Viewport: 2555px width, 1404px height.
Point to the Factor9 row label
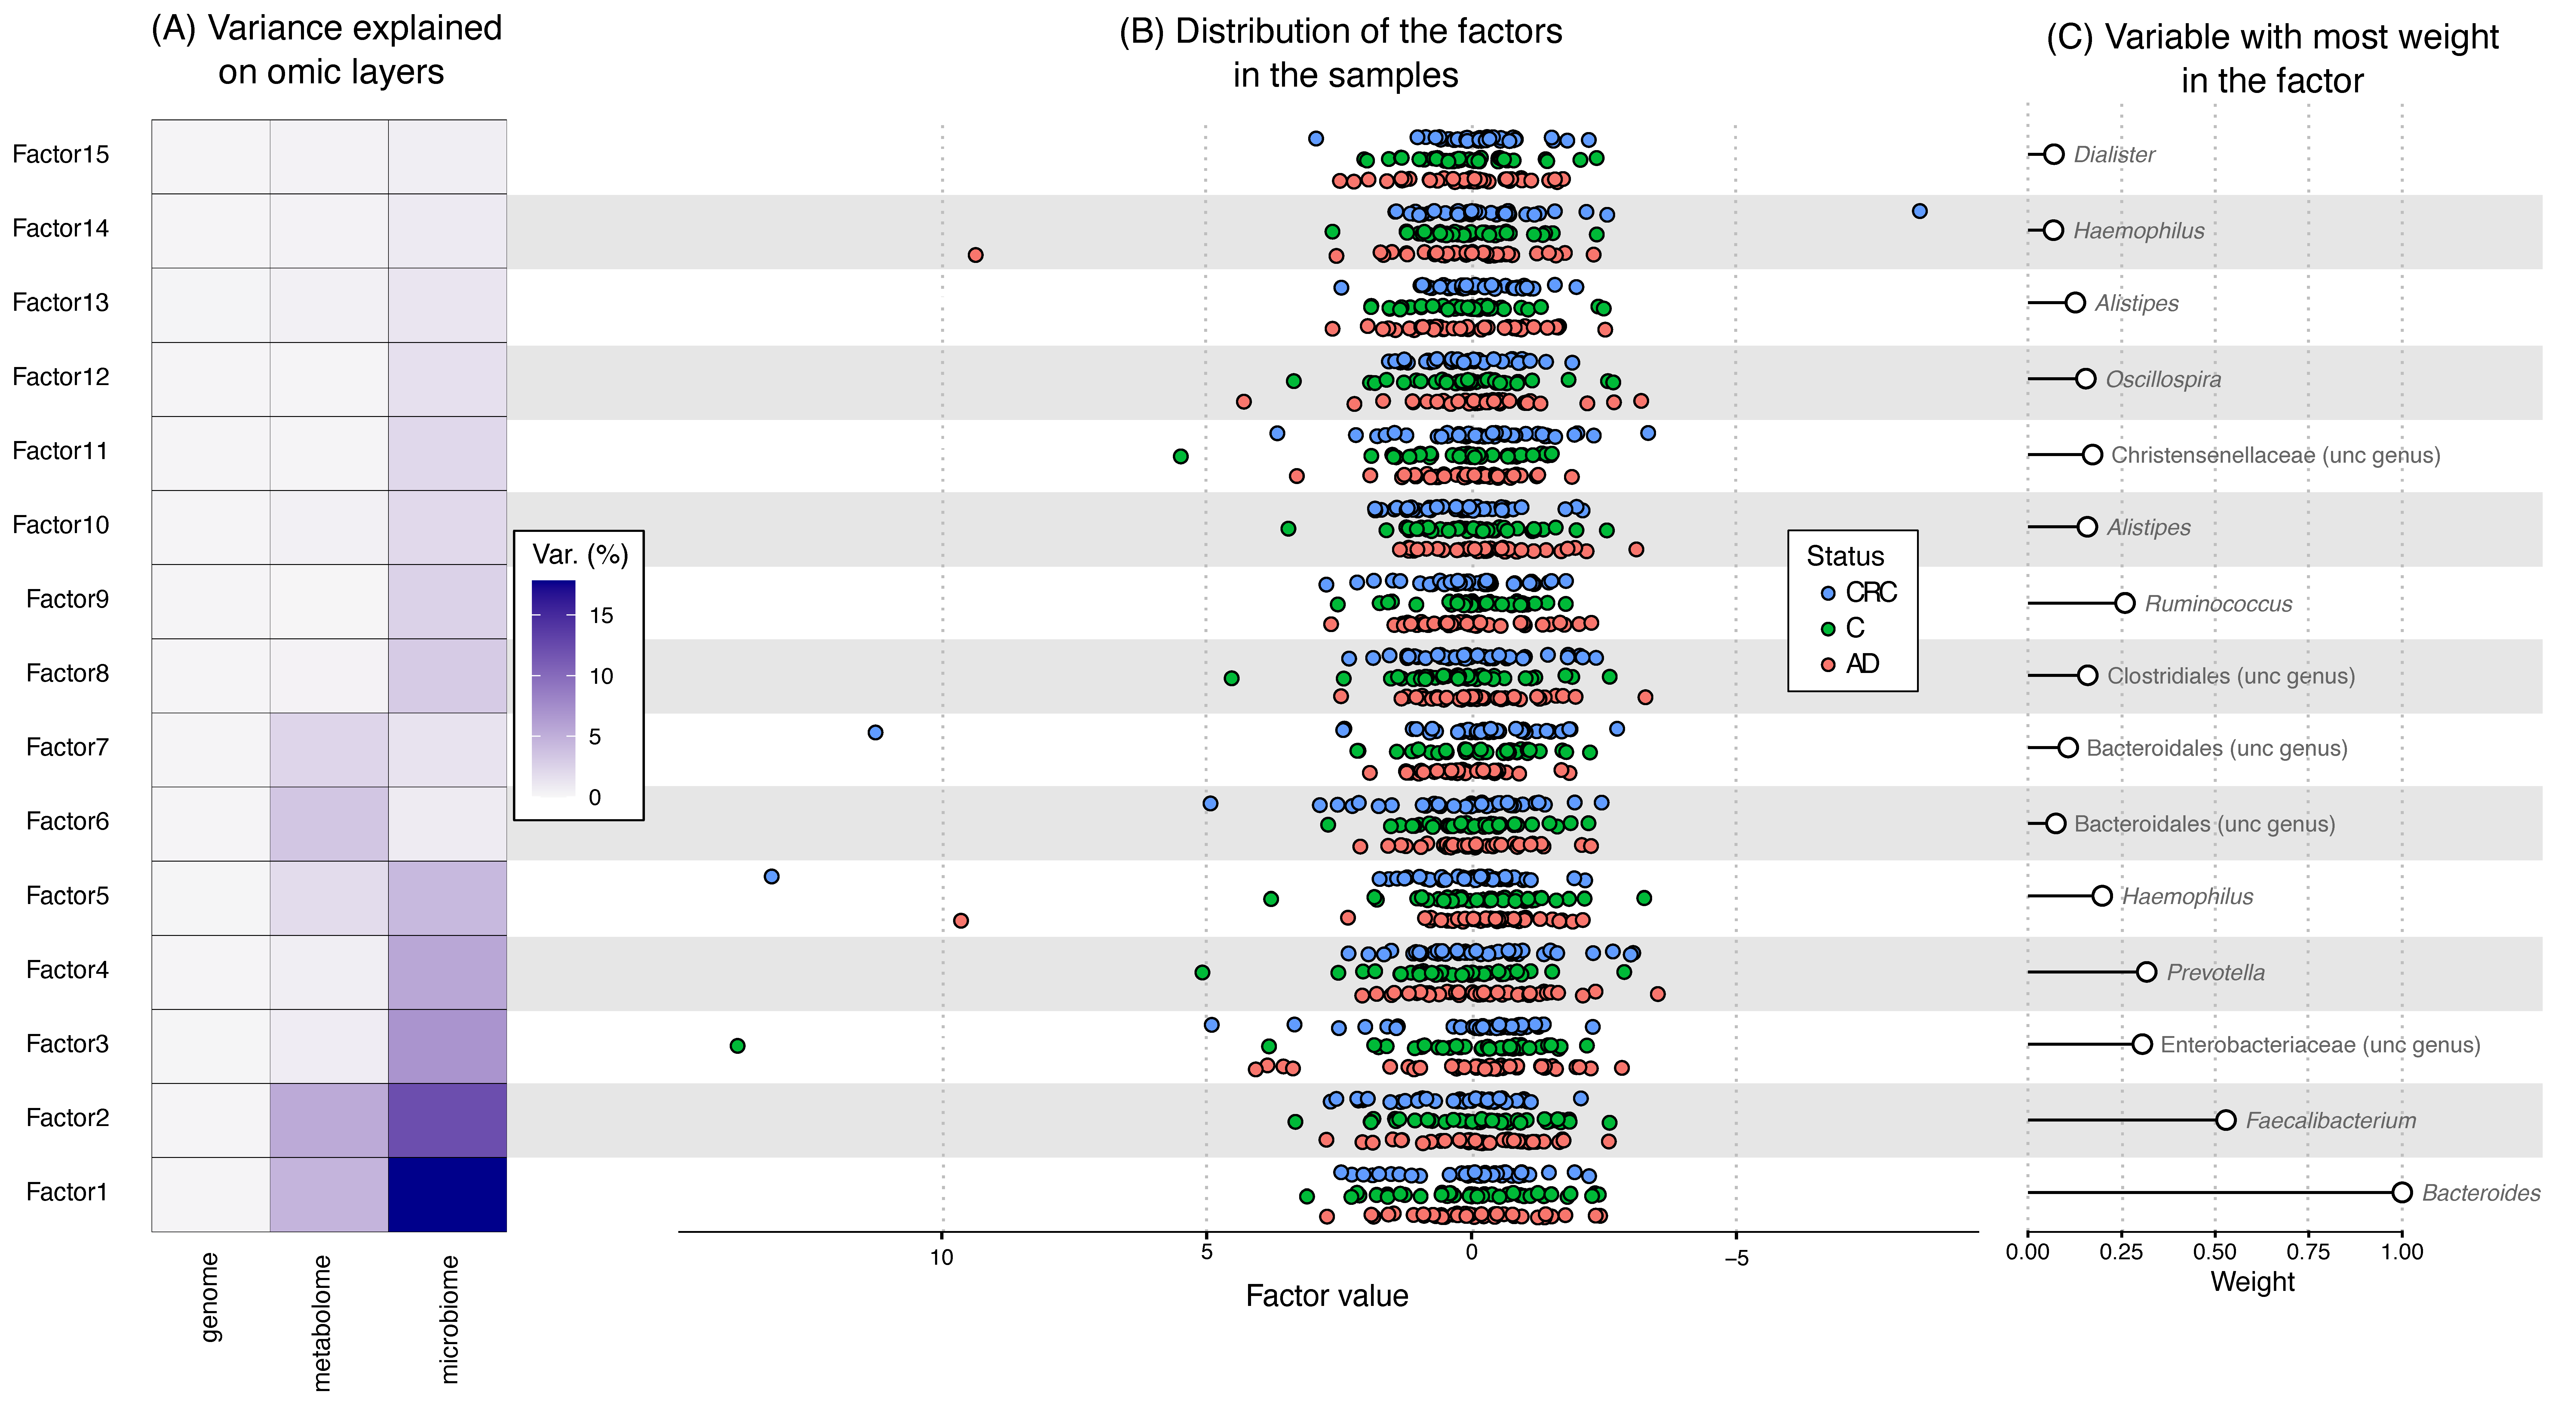[x=67, y=599]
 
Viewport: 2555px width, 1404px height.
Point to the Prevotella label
[x=2216, y=972]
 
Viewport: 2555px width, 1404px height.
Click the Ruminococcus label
[x=2218, y=604]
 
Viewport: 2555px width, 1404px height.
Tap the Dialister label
[x=2114, y=155]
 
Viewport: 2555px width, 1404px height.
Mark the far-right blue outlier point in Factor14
[x=1919, y=211]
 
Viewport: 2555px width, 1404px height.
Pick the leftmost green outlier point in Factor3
[x=737, y=1046]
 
